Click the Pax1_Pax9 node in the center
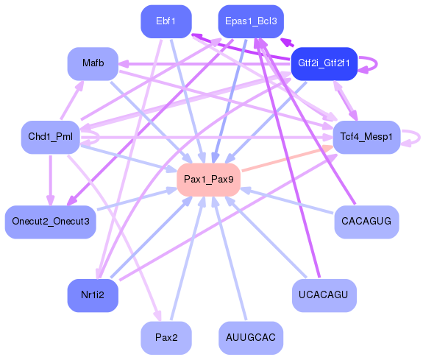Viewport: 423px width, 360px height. [209, 180]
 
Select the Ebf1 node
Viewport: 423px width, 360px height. [166, 21]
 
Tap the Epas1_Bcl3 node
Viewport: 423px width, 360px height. [251, 21]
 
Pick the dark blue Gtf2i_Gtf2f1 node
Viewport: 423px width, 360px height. [324, 64]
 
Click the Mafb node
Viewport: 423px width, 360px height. [93, 63]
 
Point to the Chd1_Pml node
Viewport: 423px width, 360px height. [50, 137]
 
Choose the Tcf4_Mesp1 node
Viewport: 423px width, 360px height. [366, 137]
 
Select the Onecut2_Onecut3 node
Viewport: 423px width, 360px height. [51, 222]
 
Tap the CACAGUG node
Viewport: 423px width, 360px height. [366, 222]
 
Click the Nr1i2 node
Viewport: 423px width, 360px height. [93, 295]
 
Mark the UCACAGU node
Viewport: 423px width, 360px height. [324, 295]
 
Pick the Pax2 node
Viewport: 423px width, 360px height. [166, 338]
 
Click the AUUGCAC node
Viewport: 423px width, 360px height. [251, 338]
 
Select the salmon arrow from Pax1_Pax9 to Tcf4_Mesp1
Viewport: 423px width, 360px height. [287, 160]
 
